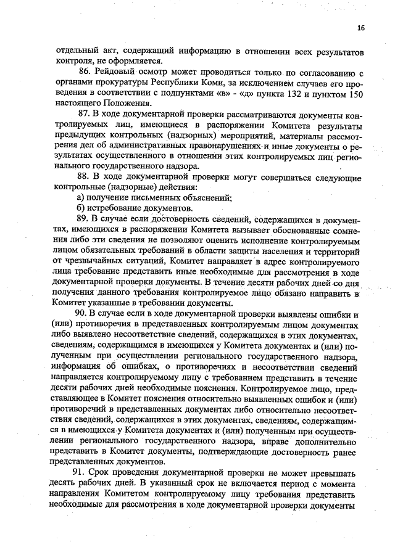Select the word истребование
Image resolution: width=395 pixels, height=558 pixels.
[114, 208]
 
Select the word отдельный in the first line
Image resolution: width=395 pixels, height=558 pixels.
[77, 50]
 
